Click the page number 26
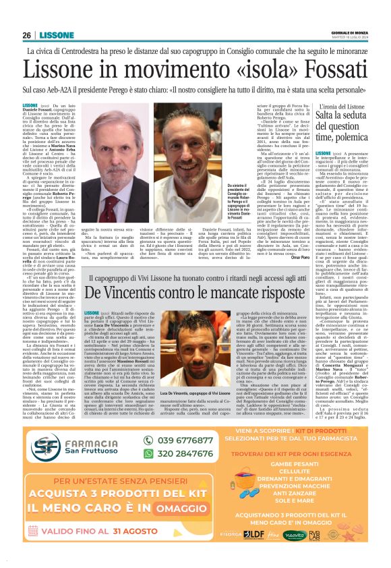click(x=26, y=35)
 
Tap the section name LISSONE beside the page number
click(x=55, y=35)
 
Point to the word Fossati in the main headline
click(x=324, y=70)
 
